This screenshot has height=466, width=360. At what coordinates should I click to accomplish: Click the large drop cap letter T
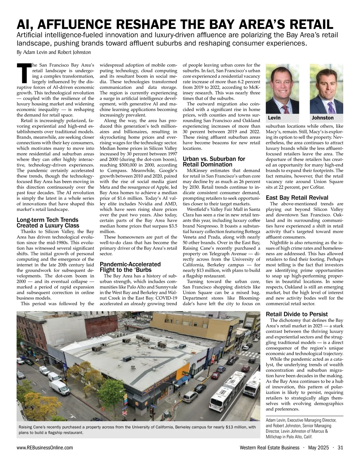(24, 73)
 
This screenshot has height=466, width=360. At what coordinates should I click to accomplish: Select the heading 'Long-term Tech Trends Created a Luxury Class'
(48, 223)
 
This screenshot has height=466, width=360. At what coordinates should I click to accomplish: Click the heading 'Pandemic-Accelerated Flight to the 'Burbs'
(130, 267)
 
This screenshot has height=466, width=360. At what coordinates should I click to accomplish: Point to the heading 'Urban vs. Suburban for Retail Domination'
(214, 162)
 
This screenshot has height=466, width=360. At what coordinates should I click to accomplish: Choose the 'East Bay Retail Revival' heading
(297, 197)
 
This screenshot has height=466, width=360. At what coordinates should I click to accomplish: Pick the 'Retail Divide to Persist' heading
(297, 314)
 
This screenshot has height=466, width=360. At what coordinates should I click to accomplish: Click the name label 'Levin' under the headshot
(274, 118)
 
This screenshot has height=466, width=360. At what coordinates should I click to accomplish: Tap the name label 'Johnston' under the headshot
(322, 118)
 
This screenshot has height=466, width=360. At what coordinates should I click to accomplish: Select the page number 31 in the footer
(340, 448)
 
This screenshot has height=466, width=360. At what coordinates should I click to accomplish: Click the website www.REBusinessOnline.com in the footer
(45, 448)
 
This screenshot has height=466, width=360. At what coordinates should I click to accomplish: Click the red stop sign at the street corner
(125, 412)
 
